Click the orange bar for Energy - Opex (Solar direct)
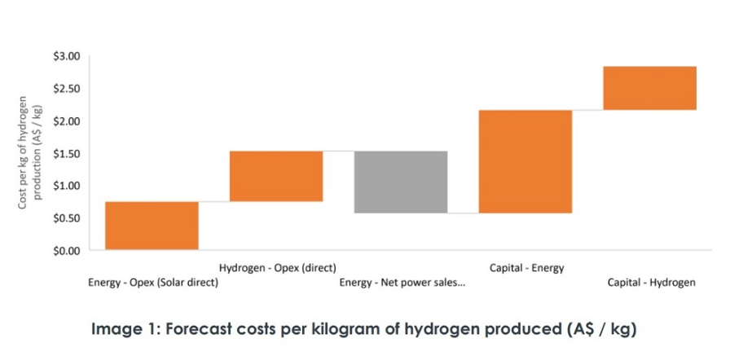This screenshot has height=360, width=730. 152,226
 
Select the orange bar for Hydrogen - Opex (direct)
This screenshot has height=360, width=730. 276,176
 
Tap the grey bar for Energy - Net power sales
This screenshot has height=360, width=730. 401,182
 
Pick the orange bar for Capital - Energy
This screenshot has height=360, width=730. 526,161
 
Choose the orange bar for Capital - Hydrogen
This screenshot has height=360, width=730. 649,88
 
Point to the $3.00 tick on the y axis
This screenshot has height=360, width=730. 67,56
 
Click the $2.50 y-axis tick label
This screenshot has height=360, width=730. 67,89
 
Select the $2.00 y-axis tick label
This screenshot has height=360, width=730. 67,121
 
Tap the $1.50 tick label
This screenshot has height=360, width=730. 67,154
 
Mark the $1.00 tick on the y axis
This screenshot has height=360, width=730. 67,186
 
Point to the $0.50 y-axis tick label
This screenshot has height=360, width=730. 67,218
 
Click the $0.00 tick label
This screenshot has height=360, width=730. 67,251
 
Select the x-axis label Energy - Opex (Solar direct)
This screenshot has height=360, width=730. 152,283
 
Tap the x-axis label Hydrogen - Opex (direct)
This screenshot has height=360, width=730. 277,267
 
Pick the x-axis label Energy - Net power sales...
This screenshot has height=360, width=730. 402,283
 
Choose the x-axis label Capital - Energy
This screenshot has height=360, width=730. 526,267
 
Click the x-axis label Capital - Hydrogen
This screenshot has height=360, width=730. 651,283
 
